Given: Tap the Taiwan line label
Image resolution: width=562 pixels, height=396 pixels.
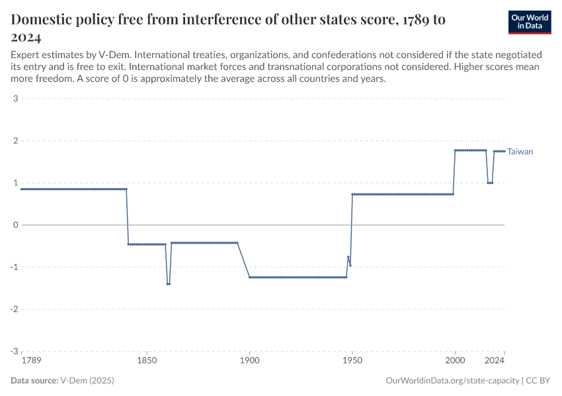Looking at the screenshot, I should point(520,152).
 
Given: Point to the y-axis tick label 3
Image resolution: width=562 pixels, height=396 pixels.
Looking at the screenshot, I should point(15,99).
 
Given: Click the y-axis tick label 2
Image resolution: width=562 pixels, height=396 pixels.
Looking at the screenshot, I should point(15,141).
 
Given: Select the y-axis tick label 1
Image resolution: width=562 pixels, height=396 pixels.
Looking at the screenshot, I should point(15,183).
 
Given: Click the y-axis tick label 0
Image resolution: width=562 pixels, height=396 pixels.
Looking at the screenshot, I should point(15,225).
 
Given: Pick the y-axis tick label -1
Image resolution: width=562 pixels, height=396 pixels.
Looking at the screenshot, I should point(13,267).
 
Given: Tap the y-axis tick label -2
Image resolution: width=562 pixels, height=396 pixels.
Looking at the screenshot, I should point(13,309).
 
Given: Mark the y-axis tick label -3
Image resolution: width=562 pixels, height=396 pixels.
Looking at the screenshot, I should point(13,351).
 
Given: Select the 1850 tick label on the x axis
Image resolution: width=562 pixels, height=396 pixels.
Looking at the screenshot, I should point(147,362).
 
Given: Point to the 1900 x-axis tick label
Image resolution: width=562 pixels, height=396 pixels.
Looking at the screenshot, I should point(249,362).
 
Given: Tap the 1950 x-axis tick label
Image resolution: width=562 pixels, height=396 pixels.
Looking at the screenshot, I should point(352,362).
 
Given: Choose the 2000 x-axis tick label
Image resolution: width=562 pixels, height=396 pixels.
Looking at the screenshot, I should point(455,362).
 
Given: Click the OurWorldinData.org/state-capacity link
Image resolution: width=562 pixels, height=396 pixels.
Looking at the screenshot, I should point(452,381).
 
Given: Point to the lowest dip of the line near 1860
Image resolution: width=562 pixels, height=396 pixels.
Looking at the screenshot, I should point(169,284).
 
